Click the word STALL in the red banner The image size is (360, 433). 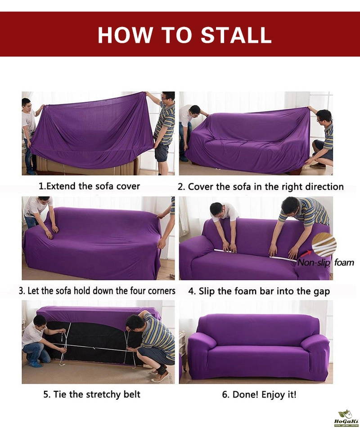pos(236,35)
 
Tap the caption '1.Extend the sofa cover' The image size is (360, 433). pos(89,186)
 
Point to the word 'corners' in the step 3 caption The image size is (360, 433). pos(162,291)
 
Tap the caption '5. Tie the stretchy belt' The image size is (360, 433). pos(92,394)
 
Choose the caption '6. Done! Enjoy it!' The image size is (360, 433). pos(259,394)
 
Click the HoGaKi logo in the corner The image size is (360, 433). pos(346,418)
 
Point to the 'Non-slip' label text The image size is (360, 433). pos(314,262)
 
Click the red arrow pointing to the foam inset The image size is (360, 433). pos(306,254)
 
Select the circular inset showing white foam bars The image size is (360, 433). pos(324,245)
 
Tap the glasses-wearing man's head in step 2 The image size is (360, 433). pos(324,116)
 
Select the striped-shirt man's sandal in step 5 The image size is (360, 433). pos(160,376)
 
